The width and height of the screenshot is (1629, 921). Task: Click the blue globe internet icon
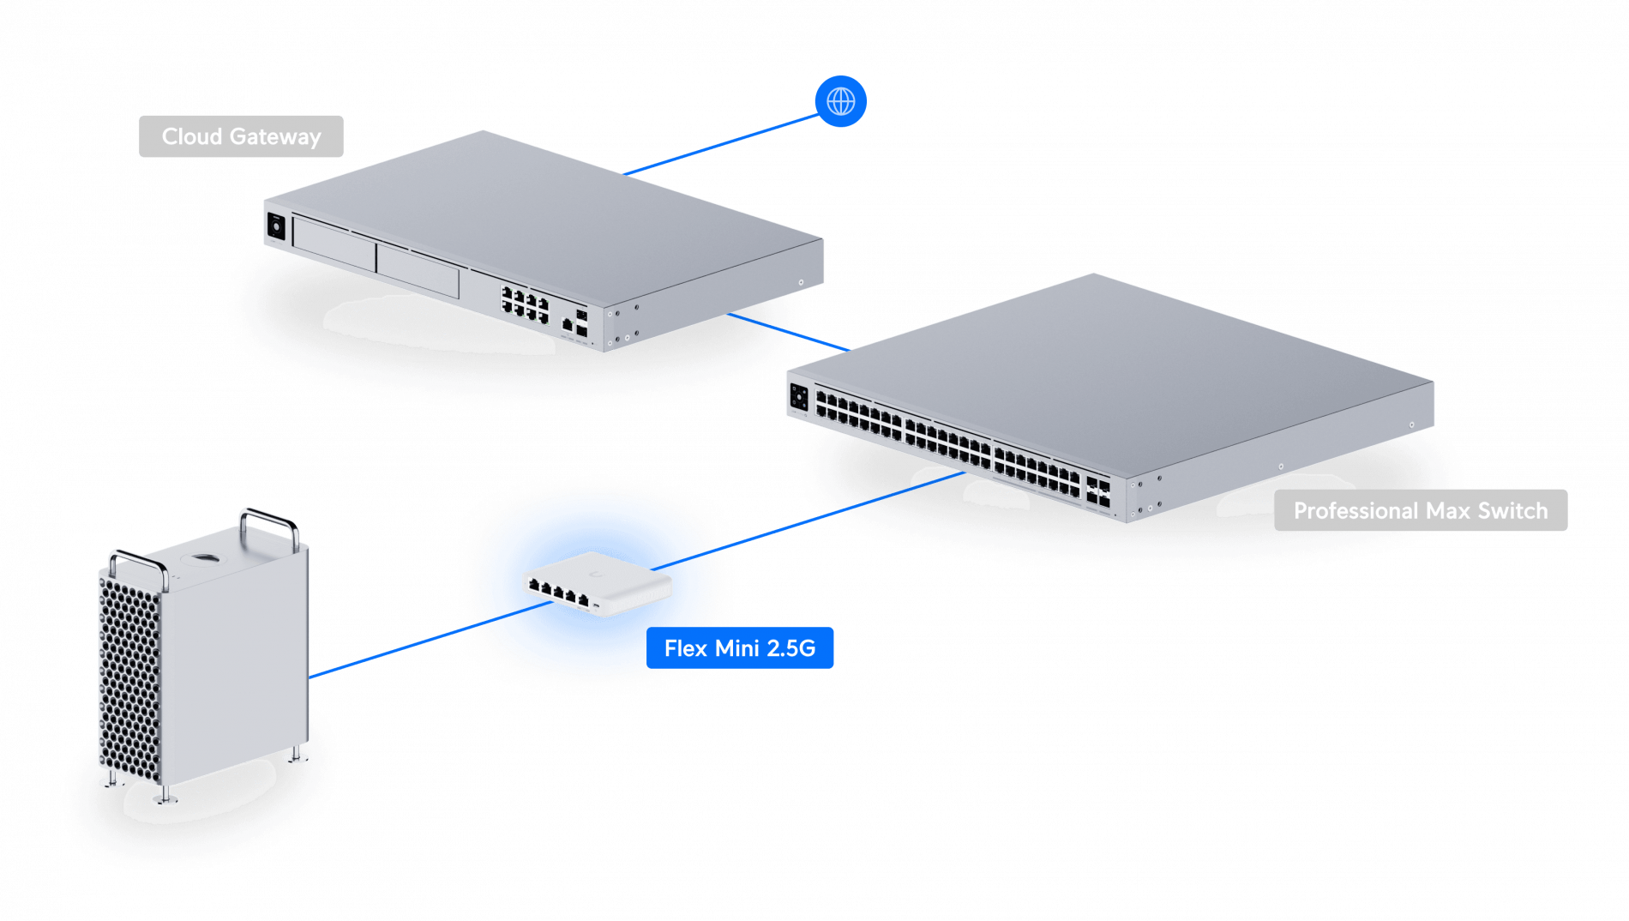pyautogui.click(x=840, y=101)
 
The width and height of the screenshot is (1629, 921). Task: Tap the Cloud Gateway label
pyautogui.click(x=241, y=136)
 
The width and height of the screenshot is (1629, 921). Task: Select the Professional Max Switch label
pyautogui.click(x=1420, y=510)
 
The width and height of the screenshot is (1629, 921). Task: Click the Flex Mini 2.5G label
pyautogui.click(x=739, y=648)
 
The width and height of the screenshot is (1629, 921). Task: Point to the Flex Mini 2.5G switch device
pyautogui.click(x=597, y=584)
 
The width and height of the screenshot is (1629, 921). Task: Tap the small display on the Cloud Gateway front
pyautogui.click(x=276, y=226)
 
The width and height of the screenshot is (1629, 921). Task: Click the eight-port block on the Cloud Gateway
pyautogui.click(x=525, y=305)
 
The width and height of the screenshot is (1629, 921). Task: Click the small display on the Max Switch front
pyautogui.click(x=798, y=398)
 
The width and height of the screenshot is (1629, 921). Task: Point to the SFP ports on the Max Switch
pyautogui.click(x=1098, y=491)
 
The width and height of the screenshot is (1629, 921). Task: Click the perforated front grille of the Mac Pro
pyautogui.click(x=129, y=677)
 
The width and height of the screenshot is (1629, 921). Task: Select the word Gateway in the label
pyautogui.click(x=275, y=136)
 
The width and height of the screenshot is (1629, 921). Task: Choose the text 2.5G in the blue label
pyautogui.click(x=790, y=648)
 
